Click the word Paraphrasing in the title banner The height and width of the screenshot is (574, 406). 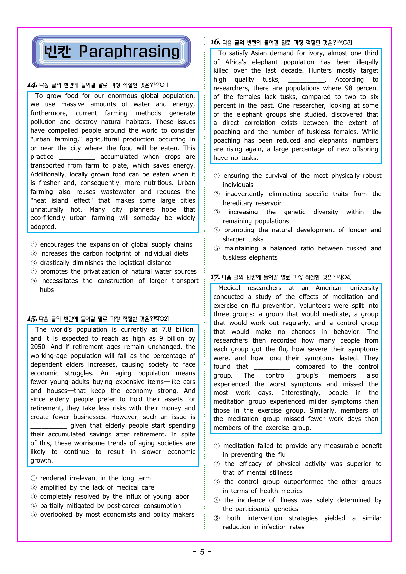pos(129,52)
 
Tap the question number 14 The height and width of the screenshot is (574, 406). pos(32,85)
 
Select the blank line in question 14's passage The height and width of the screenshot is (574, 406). pos(77,157)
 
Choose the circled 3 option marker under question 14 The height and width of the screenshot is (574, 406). pos(34,263)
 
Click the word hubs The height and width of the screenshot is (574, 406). pos(46,290)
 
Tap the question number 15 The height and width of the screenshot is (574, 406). pos(32,319)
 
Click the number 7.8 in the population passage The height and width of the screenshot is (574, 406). pos(167,330)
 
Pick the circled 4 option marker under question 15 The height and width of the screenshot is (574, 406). pos(34,506)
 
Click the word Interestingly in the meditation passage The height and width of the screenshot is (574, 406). pos(301,393)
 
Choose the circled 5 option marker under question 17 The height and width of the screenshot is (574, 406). pos(217,518)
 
